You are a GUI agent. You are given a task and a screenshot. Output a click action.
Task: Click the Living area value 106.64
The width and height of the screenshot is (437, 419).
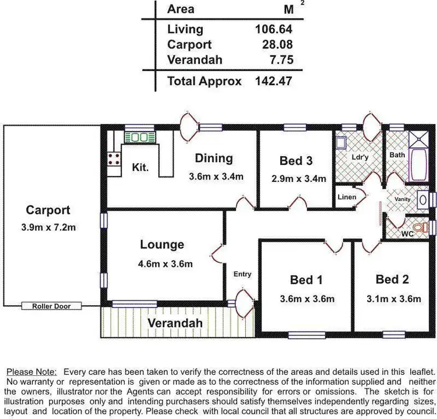(273, 29)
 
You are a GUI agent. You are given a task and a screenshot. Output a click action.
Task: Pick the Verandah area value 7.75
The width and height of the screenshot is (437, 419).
(280, 60)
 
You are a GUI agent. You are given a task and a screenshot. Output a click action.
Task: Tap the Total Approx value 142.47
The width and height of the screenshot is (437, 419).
(273, 81)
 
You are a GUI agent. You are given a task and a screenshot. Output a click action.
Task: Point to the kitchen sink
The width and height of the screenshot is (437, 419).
(138, 138)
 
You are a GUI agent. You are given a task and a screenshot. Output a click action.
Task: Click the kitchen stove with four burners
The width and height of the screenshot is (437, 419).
(114, 159)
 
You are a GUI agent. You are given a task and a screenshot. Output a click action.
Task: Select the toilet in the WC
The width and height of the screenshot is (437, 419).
(418, 227)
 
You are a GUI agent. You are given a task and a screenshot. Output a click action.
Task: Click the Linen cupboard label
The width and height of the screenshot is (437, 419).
(347, 197)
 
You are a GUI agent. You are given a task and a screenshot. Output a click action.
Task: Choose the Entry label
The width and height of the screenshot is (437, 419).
(242, 274)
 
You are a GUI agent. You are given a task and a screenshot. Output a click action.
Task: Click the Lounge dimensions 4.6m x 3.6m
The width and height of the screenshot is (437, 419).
(166, 263)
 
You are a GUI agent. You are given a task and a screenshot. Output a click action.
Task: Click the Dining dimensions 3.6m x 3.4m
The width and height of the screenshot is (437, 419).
(216, 177)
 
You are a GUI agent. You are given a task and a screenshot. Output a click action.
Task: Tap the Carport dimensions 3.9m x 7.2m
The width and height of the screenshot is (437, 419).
(48, 227)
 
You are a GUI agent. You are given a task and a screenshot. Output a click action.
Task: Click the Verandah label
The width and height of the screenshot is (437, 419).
(175, 323)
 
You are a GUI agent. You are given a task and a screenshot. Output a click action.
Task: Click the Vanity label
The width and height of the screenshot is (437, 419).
(402, 199)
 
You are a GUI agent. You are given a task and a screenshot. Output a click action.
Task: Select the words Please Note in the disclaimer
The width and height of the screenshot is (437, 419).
(31, 371)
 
